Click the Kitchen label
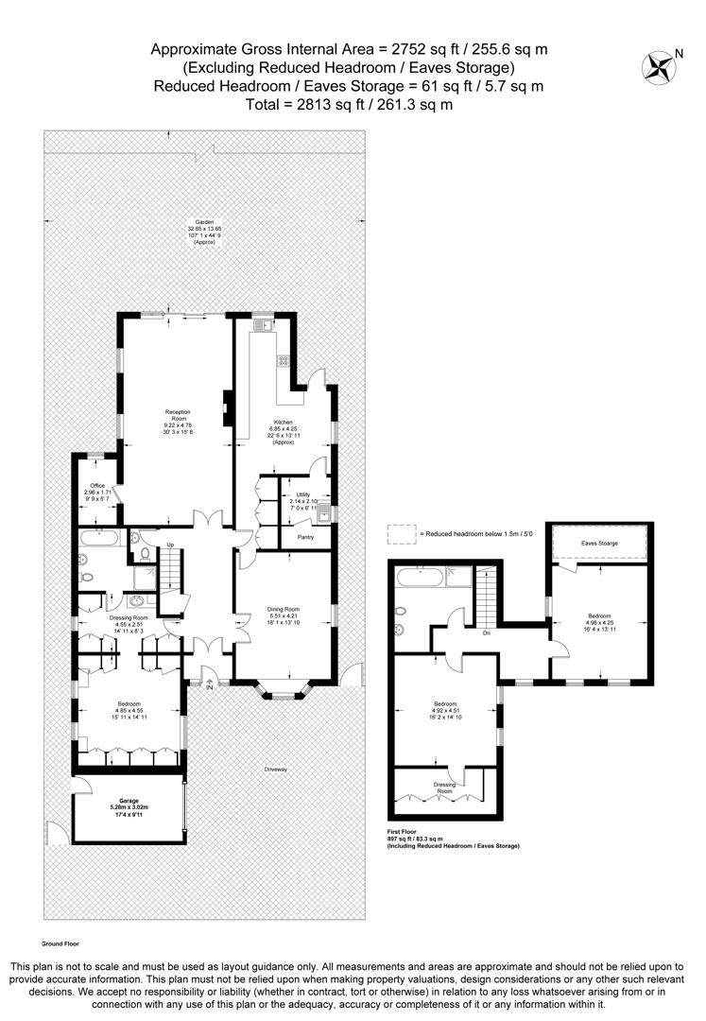(284, 422)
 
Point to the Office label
(95, 486)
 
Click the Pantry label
(305, 536)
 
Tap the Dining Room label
(284, 610)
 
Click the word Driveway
(275, 769)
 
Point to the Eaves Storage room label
(599, 544)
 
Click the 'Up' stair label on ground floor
(170, 545)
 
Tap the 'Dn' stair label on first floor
(484, 633)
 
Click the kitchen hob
(281, 360)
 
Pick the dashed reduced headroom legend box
(401, 534)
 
